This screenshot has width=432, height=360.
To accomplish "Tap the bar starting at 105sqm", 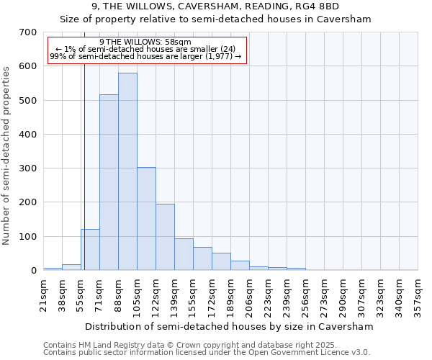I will [x=146, y=219].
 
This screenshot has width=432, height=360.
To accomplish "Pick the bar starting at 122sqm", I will [x=165, y=237].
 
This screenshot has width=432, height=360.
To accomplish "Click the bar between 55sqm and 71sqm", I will [x=90, y=250].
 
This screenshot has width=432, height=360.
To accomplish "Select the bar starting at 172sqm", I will [x=221, y=261].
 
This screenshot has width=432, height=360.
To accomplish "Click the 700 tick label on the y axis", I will [x=28, y=32].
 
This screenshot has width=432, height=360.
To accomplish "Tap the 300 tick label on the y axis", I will [x=28, y=168].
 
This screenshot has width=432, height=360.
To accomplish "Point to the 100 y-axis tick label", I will [x=28, y=237].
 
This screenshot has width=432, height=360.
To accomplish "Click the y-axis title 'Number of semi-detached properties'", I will [x=7, y=155].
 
